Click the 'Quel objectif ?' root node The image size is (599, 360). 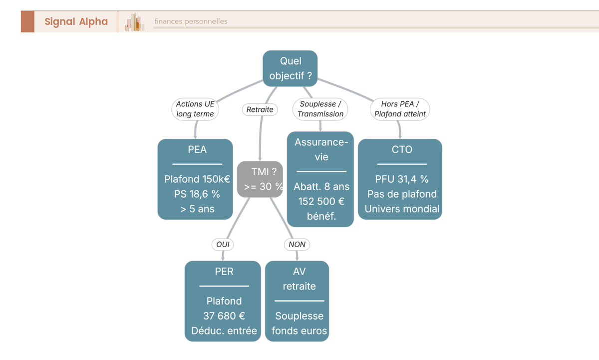[290, 68]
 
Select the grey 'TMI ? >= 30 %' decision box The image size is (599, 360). [260, 179]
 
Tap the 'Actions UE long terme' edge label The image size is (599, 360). [195, 109]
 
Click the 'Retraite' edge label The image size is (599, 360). [260, 109]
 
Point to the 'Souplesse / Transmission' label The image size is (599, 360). [320, 109]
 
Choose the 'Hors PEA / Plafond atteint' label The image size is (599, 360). [400, 109]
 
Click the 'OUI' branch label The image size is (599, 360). [223, 245]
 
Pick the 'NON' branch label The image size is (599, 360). [297, 245]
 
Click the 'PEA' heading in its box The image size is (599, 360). [197, 149]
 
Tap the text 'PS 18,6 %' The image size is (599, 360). [197, 194]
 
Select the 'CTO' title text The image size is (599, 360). [402, 149]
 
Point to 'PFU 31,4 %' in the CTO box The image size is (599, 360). [402, 179]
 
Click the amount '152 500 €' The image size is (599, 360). [321, 201]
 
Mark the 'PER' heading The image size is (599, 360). [224, 272]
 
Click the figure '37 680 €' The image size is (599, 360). [224, 316]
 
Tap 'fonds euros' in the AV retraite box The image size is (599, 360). [299, 331]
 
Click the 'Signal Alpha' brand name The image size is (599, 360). [76, 21]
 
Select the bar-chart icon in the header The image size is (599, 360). [134, 21]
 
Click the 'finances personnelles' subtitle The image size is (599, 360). [191, 21]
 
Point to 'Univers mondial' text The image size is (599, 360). [402, 209]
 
